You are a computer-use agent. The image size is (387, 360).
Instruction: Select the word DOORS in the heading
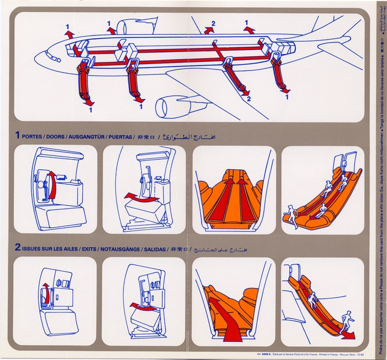[x=62, y=136]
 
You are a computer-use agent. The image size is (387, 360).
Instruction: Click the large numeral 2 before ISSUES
[x=18, y=247]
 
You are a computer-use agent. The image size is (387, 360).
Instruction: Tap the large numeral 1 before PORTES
[x=18, y=136]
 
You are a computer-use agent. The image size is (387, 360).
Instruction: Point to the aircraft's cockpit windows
[x=52, y=58]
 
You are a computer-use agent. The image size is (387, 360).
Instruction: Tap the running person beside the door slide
[x=292, y=216]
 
